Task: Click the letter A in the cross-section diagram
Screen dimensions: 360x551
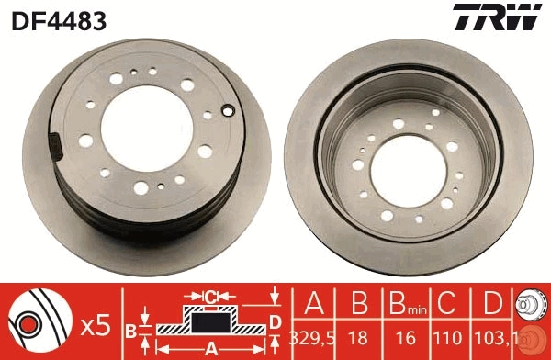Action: point(212,348)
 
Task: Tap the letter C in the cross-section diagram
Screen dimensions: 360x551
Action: point(210,297)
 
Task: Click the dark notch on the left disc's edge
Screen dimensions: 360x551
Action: point(54,146)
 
